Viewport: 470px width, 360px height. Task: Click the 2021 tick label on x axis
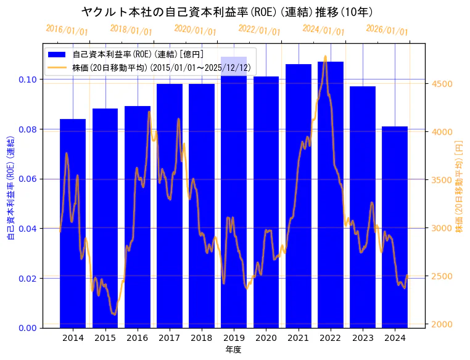pyautogui.click(x=298, y=338)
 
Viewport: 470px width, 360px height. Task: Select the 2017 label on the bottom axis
pyautogui.click(x=169, y=338)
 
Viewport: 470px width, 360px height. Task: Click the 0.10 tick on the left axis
pyautogui.click(x=28, y=80)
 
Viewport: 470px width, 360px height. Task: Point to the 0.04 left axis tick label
pyautogui.click(x=28, y=229)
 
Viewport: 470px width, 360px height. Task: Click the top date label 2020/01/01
pyautogui.click(x=195, y=30)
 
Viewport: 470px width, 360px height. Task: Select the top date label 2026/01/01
pyautogui.click(x=387, y=30)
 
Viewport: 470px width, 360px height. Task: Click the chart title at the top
pyautogui.click(x=227, y=12)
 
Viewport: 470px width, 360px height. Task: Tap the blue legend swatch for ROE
pyautogui.click(x=60, y=55)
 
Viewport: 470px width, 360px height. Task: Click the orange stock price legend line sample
pyautogui.click(x=60, y=67)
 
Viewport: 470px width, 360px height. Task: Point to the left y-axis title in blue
pyautogui.click(x=10, y=188)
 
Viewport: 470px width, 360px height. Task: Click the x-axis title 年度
pyautogui.click(x=233, y=350)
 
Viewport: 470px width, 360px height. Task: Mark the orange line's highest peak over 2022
pyautogui.click(x=325, y=56)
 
